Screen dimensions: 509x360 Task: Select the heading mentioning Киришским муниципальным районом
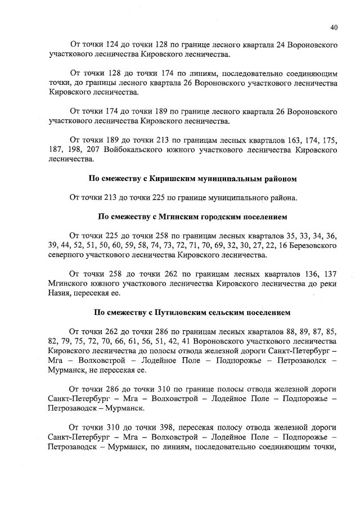[193, 179]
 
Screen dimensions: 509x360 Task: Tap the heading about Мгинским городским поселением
[193, 216]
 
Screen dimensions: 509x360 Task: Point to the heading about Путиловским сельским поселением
[193, 312]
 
